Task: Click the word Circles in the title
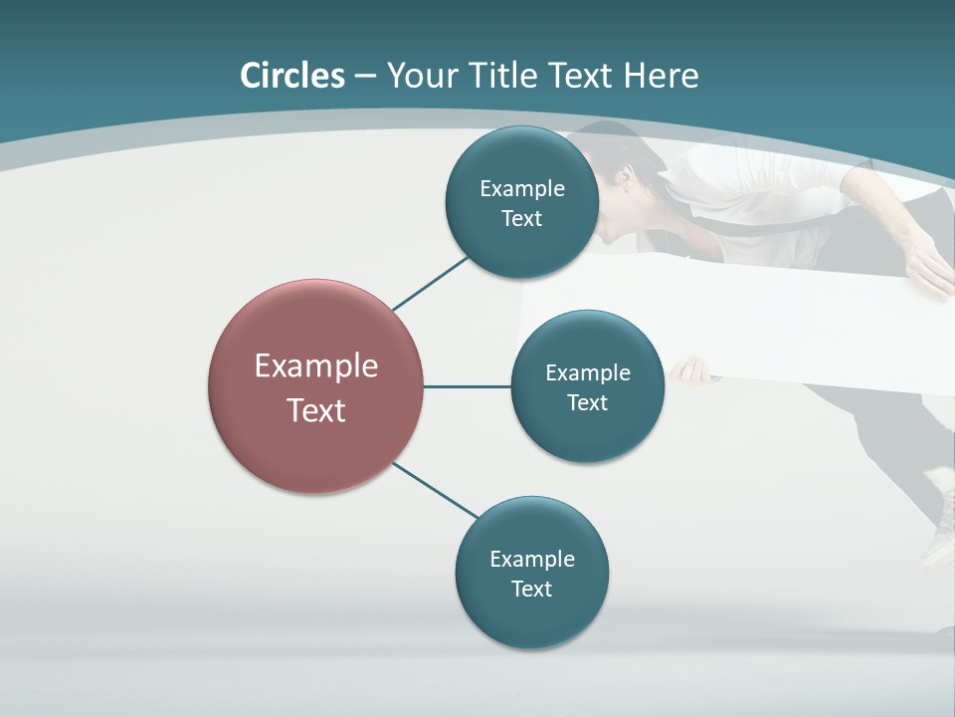point(292,76)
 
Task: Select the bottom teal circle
point(531,617)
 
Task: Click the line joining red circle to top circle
point(430,284)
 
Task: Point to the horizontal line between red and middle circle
point(467,386)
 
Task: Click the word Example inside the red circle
point(315,365)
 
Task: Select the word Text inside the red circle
point(315,409)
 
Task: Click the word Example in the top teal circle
point(521,188)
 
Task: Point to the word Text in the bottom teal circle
point(531,589)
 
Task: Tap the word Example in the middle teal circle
point(587,372)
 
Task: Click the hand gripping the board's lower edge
point(692,371)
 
